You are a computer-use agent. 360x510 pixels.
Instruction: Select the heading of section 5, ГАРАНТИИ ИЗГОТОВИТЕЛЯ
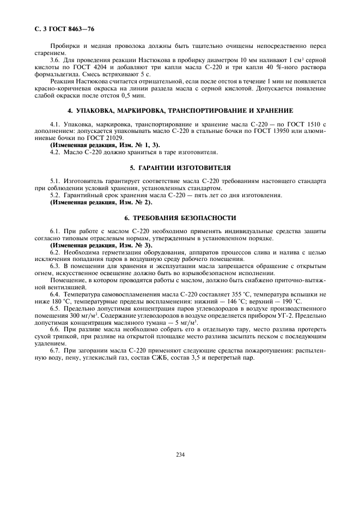179,167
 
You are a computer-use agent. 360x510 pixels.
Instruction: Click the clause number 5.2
55,195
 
